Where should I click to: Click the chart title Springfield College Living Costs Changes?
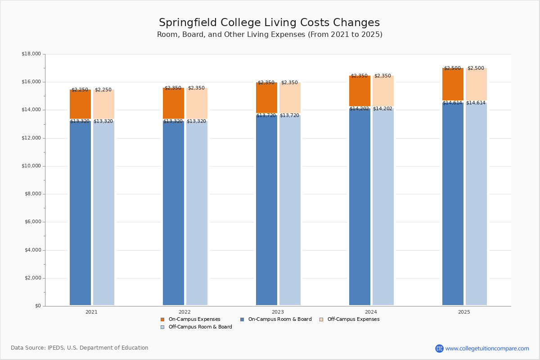click(269, 23)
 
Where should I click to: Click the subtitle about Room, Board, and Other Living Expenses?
click(270, 35)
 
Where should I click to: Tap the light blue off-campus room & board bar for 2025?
click(476, 205)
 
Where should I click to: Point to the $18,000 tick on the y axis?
click(31, 54)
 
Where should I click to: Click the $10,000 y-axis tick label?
click(31, 166)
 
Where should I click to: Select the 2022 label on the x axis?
click(184, 312)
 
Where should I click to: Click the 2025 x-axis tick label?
click(464, 312)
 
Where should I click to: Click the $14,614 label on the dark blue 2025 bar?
click(452, 103)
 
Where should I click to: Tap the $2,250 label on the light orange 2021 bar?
click(103, 90)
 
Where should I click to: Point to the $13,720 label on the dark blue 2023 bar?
click(266, 116)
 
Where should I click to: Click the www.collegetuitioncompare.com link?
click(487, 348)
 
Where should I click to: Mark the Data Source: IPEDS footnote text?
click(80, 348)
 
